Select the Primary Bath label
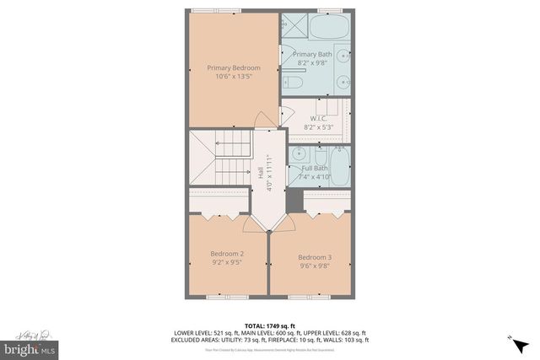312,55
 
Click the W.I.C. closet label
318,118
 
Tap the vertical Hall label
260,173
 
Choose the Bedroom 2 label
227,254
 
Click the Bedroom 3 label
314,257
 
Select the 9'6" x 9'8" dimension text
314,266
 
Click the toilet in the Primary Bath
292,83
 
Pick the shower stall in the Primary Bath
294,25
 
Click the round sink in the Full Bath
300,155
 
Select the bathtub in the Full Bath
339,164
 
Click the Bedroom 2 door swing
251,222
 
